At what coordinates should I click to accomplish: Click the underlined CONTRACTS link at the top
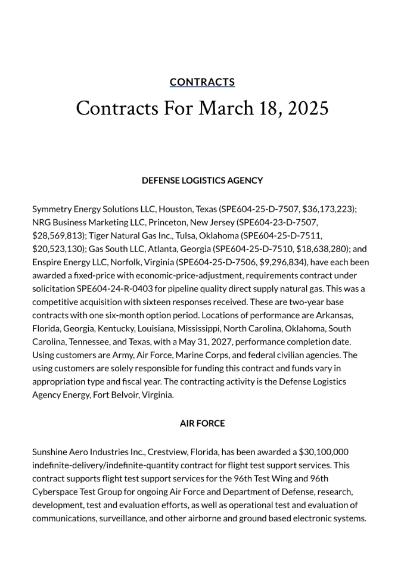202,82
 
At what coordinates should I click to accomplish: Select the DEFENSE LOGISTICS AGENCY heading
202,181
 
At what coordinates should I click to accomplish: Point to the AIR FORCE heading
202,424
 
